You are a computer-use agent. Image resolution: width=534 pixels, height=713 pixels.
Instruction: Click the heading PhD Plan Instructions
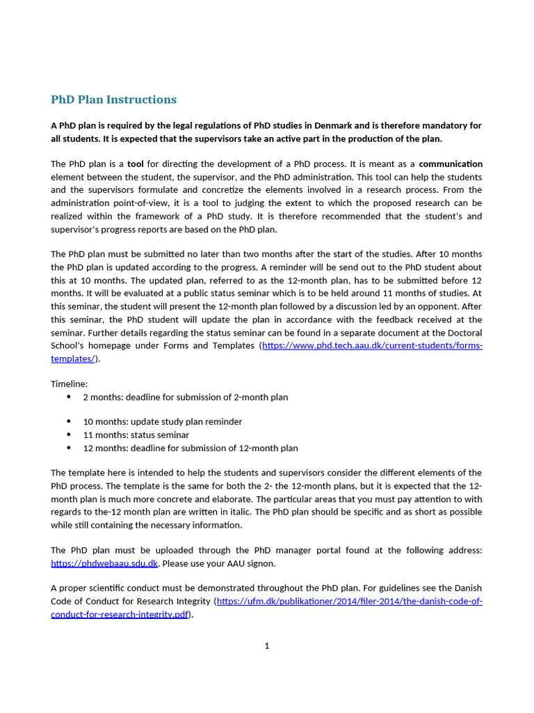pos(113,100)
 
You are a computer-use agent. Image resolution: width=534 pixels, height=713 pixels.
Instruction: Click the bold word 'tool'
pos(136,164)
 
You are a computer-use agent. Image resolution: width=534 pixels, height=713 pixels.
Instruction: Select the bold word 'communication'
pos(451,164)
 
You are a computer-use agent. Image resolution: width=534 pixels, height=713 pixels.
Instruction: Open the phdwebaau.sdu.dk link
pos(104,563)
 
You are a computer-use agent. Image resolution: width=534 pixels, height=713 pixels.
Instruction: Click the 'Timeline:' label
pos(70,384)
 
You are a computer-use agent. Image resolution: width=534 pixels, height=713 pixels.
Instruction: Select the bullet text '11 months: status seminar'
pos(136,434)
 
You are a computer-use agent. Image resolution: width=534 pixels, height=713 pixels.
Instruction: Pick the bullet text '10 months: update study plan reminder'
pos(162,421)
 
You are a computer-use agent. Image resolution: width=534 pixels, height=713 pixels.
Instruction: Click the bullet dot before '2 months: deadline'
pos(69,397)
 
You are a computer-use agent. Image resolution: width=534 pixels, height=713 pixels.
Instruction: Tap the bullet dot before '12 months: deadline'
pos(69,448)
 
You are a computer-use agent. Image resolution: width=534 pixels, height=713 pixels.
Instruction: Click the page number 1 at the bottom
pos(267,645)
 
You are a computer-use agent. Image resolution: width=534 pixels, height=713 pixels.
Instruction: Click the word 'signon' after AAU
pos(261,563)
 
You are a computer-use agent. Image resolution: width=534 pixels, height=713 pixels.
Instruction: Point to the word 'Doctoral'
pos(463,332)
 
